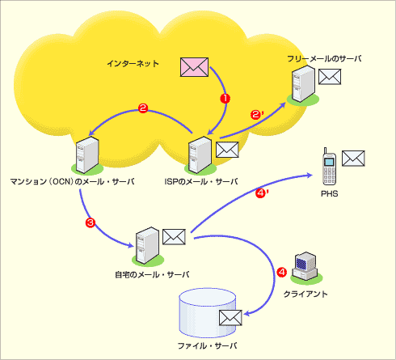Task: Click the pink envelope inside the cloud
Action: [x=194, y=67]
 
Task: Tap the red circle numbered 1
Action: [x=225, y=99]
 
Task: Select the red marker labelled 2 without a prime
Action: [x=143, y=108]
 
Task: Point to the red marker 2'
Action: [x=256, y=114]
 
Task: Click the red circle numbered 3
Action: [x=91, y=222]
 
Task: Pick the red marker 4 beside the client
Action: [x=282, y=272]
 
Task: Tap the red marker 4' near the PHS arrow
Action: [x=262, y=193]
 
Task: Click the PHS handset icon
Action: [x=330, y=167]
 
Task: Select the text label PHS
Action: [x=330, y=193]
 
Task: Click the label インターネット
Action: [x=133, y=64]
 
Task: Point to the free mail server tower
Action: [x=303, y=84]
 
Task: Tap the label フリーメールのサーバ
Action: [x=324, y=58]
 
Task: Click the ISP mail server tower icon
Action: [x=200, y=155]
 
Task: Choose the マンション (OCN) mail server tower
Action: [x=87, y=155]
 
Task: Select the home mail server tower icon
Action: [x=147, y=245]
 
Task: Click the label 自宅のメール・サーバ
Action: [x=152, y=275]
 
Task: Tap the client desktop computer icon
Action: [x=305, y=265]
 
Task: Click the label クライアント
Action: [x=305, y=294]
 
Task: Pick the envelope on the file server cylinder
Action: [x=230, y=318]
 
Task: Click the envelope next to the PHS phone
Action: [x=353, y=159]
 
